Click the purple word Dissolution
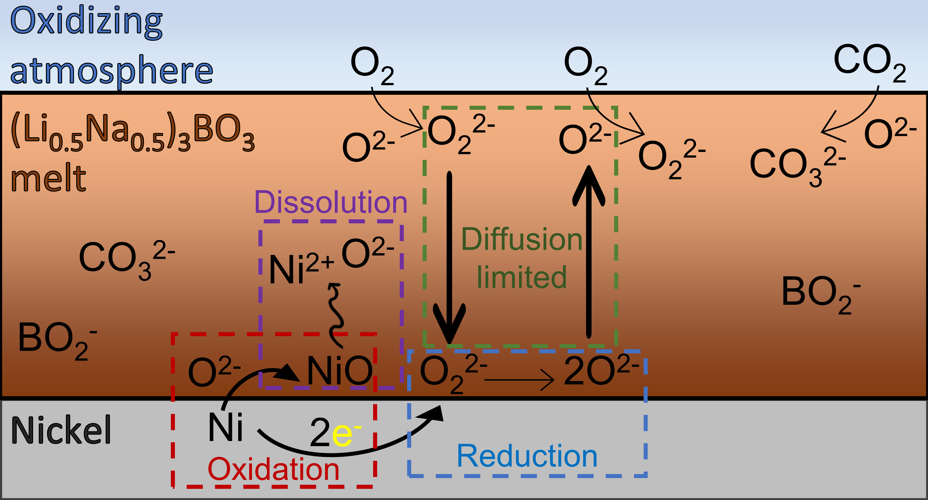[331, 203]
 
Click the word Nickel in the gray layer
[61, 430]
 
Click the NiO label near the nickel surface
[339, 370]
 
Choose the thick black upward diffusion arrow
[589, 252]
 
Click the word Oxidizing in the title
[86, 22]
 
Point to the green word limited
[522, 277]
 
